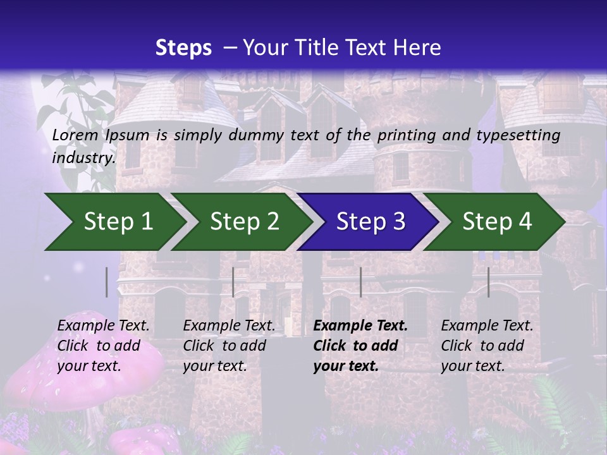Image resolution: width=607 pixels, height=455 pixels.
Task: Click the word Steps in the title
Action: [x=183, y=48]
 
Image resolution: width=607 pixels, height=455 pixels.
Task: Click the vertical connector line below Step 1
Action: [x=106, y=282]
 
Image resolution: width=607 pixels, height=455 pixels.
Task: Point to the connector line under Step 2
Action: [x=233, y=282]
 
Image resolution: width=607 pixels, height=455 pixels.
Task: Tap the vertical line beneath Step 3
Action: [x=360, y=282]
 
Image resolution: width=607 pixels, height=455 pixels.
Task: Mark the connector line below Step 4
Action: [x=488, y=282]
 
